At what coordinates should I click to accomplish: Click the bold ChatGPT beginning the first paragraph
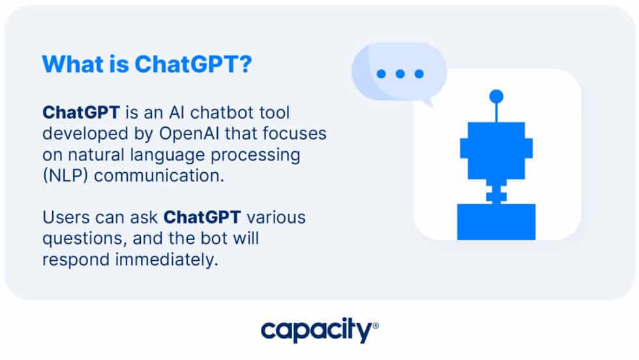click(x=81, y=112)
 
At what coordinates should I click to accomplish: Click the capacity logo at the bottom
click(x=316, y=331)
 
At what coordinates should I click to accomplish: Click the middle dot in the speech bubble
click(x=400, y=74)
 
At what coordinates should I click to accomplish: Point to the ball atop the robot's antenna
click(x=496, y=97)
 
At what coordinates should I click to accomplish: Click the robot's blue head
click(x=496, y=149)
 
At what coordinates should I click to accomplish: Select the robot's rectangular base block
click(x=496, y=222)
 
